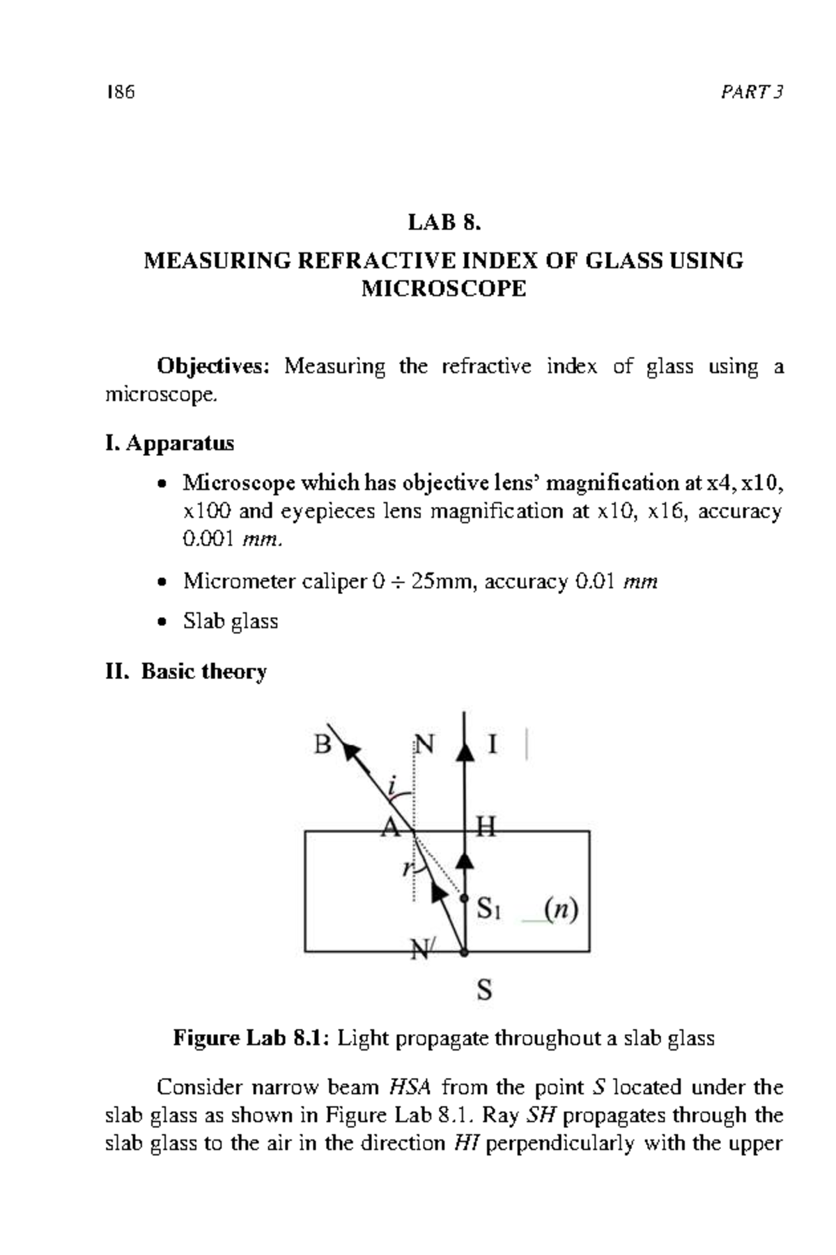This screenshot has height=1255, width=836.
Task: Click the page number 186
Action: pyautogui.click(x=120, y=92)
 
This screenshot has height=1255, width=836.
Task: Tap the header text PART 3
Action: pyautogui.click(x=752, y=92)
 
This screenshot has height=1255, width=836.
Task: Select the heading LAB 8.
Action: pyautogui.click(x=444, y=222)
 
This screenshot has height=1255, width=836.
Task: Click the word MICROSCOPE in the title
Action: pyautogui.click(x=444, y=289)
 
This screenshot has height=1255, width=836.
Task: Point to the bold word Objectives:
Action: pyautogui.click(x=213, y=366)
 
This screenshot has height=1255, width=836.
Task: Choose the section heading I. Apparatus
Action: pyautogui.click(x=169, y=443)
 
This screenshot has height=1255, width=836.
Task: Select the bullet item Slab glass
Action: pyautogui.click(x=231, y=621)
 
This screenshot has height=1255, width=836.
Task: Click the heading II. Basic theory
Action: pyautogui.click(x=186, y=671)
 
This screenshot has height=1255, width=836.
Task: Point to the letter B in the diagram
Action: pyautogui.click(x=322, y=745)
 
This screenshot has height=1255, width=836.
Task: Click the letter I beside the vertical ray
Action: pyautogui.click(x=493, y=745)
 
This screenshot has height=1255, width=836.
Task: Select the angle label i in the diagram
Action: pyautogui.click(x=392, y=786)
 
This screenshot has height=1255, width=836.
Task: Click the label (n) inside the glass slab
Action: pyautogui.click(x=561, y=909)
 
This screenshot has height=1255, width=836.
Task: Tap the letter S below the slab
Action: pyautogui.click(x=484, y=989)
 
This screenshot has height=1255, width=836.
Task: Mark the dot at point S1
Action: pyautogui.click(x=464, y=899)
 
